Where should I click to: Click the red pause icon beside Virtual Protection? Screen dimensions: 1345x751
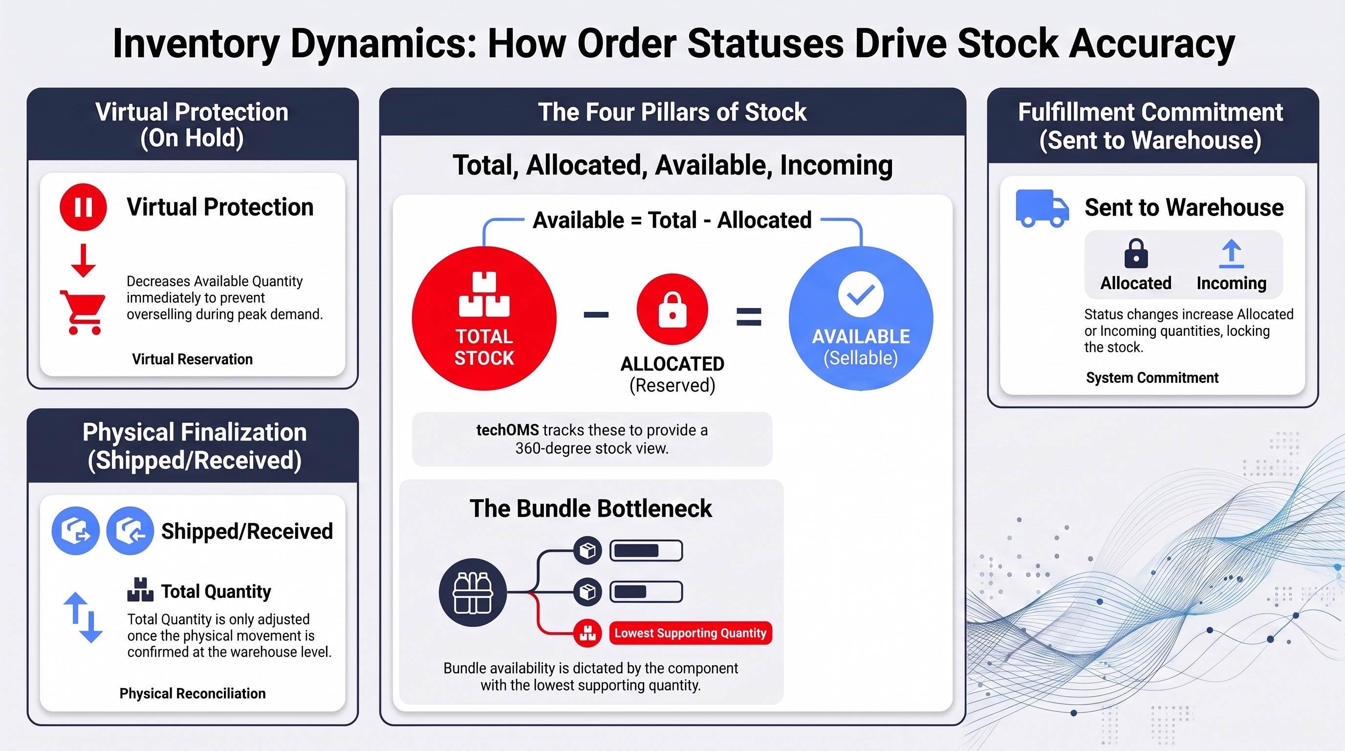pos(83,207)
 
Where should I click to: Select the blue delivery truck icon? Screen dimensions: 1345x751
pos(1041,208)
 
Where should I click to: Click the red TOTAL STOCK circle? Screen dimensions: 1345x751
pos(484,318)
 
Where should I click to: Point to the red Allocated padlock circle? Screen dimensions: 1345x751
pos(672,309)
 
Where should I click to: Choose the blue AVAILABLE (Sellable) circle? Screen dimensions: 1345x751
pos(861,318)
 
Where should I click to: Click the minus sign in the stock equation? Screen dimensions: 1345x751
pos(596,314)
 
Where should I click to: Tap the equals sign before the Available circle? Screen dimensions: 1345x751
pos(749,316)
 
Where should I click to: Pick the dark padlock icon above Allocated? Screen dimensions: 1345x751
pos(1136,253)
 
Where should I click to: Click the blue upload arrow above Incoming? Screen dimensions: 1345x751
pos(1231,254)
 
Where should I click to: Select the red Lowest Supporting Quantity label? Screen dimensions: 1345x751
pos(690,633)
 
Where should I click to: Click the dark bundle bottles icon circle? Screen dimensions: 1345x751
pos(473,592)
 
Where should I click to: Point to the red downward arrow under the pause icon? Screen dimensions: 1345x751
pos(83,260)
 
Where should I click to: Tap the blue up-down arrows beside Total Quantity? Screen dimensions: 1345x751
pos(83,618)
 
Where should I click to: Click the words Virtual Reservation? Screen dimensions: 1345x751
pos(192,359)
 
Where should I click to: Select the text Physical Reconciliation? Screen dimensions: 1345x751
pos(193,694)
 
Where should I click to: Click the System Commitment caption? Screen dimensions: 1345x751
pos(1152,377)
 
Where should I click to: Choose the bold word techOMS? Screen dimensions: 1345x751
pos(507,430)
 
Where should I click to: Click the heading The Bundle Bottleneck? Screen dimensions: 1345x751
pos(590,508)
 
